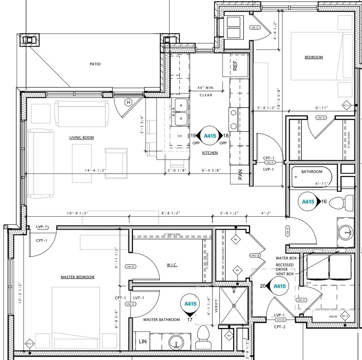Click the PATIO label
coord(95,64)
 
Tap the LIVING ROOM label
coord(81,137)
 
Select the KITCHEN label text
coord(210,153)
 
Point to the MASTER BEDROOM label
coord(77,277)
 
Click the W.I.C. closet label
coord(172,265)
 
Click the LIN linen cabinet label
coord(143,342)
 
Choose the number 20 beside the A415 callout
coord(263,286)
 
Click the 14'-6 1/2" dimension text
coord(95,171)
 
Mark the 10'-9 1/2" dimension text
coord(77,213)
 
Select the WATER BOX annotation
coord(286,258)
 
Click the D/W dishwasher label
coord(180,136)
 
